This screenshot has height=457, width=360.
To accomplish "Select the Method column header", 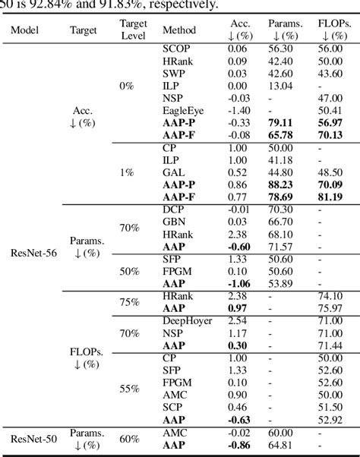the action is click(x=179, y=31).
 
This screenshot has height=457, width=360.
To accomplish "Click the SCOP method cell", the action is click(x=176, y=48).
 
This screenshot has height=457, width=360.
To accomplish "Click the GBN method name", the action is click(x=175, y=221).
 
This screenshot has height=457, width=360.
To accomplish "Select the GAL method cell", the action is click(x=175, y=172).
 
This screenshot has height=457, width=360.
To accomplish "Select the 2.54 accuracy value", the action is click(x=241, y=321).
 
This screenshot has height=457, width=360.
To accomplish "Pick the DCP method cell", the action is click(x=175, y=209).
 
